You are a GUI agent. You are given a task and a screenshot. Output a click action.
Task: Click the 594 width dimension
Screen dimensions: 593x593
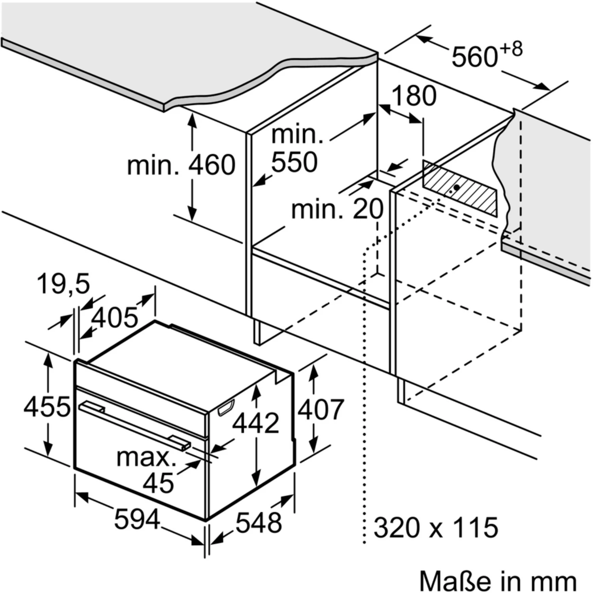pos(137,519)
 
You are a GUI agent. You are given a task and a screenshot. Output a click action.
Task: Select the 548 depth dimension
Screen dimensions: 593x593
pos(259,523)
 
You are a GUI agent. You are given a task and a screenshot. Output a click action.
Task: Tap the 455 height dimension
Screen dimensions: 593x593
pos(47,406)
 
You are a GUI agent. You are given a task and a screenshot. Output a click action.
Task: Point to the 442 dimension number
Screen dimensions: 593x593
pos(255,423)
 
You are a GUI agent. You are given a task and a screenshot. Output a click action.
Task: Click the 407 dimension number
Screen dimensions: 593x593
pos(321,410)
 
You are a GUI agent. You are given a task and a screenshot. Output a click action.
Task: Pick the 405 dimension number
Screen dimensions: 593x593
pos(115,317)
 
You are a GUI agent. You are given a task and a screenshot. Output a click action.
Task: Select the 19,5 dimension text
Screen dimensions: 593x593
pos(63,283)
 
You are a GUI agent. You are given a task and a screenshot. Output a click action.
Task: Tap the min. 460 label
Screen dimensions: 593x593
pos(181,165)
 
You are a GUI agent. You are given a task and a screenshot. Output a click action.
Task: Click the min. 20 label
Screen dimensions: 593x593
pos(337,208)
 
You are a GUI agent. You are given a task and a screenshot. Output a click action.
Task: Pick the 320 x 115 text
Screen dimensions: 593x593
pos(436,527)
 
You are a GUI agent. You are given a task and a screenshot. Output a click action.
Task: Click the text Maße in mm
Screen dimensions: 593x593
pos(498,580)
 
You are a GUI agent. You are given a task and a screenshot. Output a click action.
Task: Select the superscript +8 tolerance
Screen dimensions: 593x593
pos(511,49)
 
